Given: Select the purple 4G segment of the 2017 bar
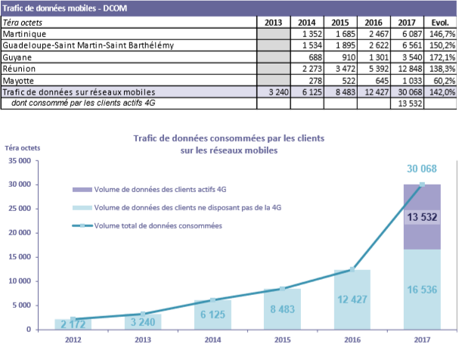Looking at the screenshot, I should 422,217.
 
